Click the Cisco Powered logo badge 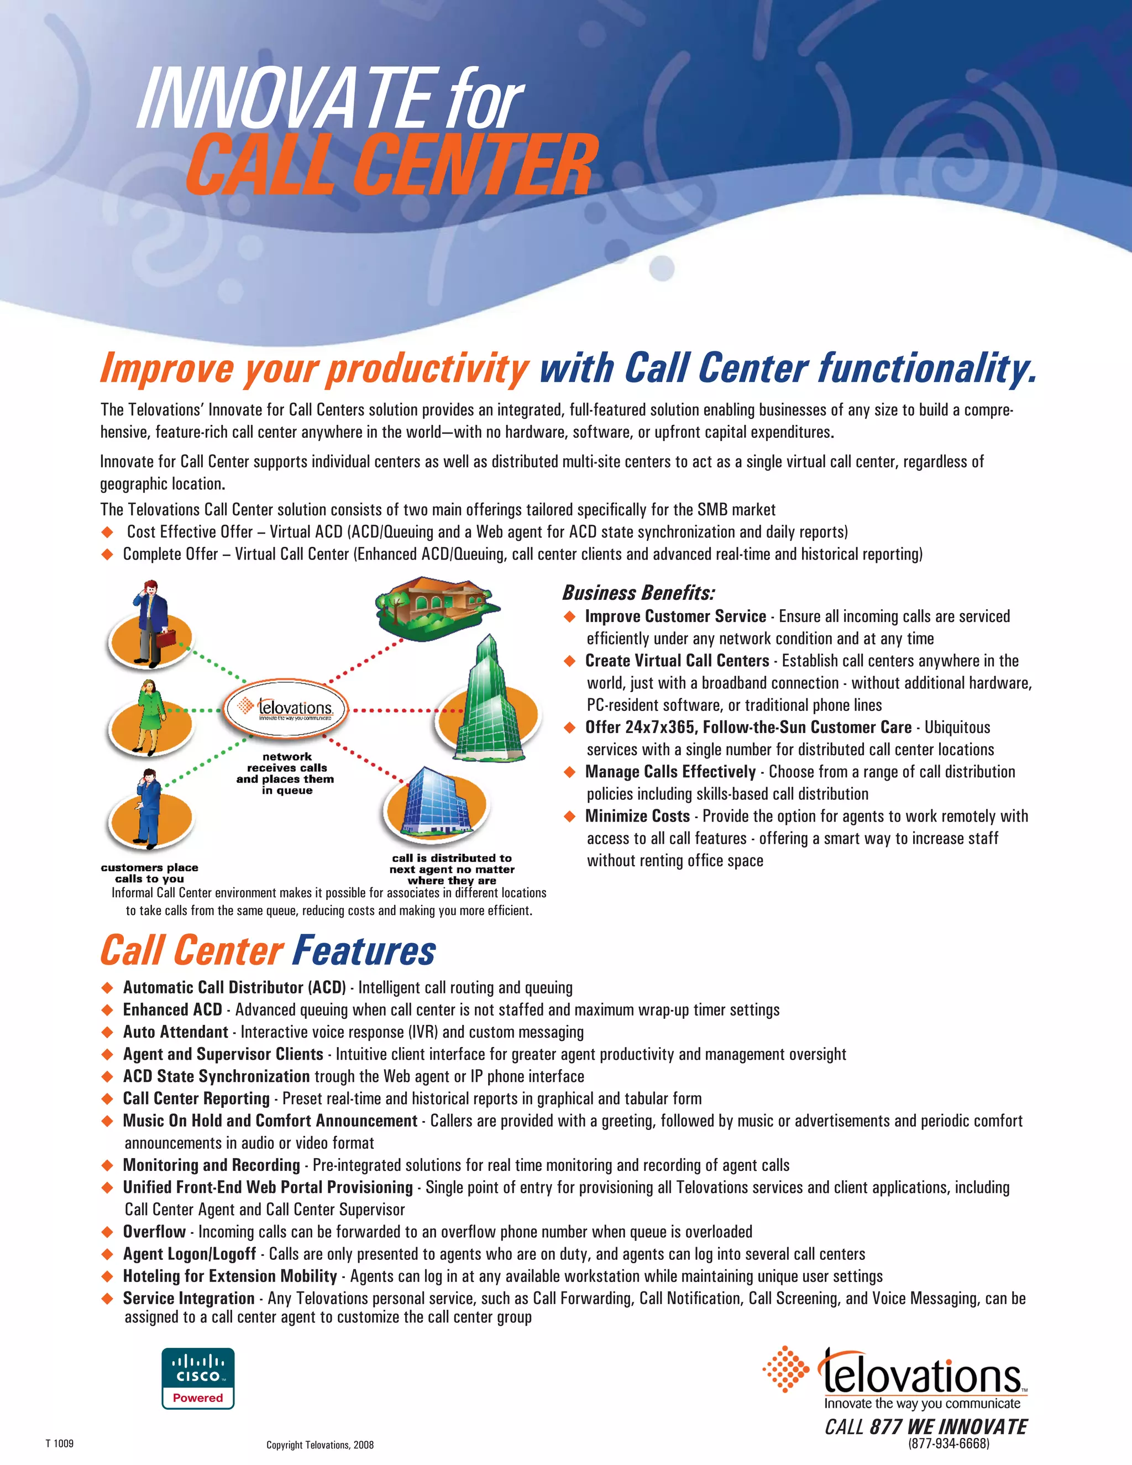[198, 1378]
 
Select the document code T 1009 [60, 1443]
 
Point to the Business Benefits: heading [638, 593]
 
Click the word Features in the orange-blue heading [364, 950]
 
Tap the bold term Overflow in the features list [154, 1232]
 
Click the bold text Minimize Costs [637, 817]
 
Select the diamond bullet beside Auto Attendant [107, 1032]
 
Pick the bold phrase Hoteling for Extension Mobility [230, 1276]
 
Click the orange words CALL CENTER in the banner [392, 164]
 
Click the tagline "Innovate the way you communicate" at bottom [922, 1403]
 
